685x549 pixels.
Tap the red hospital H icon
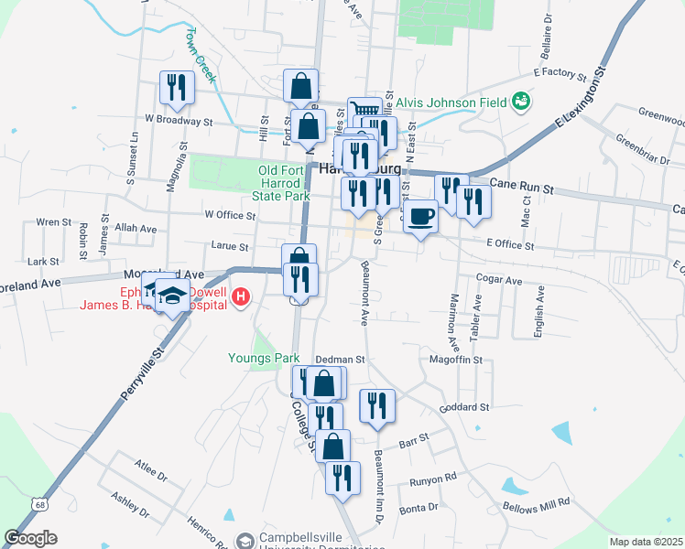[x=241, y=296]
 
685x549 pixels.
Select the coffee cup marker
[x=420, y=217]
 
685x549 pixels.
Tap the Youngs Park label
[x=265, y=358]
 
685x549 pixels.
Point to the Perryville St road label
[x=141, y=376]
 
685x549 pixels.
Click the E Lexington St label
[x=581, y=103]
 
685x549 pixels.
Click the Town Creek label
[x=200, y=55]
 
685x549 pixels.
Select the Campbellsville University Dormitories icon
[x=245, y=541]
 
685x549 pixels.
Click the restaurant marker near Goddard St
[x=377, y=405]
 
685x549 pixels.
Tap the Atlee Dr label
[x=150, y=476]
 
